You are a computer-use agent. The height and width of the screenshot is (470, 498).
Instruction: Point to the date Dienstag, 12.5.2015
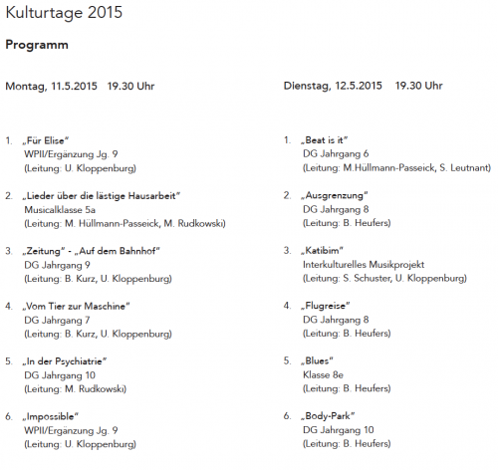(333, 87)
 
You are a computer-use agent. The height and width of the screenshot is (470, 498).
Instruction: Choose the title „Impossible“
(56, 415)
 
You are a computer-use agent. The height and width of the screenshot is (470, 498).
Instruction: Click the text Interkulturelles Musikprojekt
(363, 265)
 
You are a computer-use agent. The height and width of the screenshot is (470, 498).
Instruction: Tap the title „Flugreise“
(329, 306)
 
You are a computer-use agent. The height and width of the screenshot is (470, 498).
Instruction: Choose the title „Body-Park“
(331, 415)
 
